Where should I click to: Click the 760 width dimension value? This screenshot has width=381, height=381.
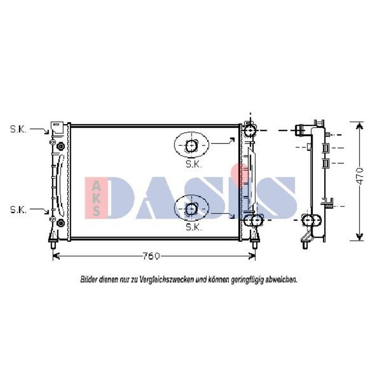(x=151, y=256)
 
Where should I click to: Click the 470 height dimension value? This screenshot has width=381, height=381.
(x=360, y=176)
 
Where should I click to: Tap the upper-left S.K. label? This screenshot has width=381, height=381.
(x=18, y=129)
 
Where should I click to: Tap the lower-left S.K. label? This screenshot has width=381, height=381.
(x=18, y=210)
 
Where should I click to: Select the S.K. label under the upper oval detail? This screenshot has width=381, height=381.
(x=194, y=164)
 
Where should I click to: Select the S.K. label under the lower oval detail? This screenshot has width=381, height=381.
(x=194, y=227)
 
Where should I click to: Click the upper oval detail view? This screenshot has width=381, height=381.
(x=192, y=145)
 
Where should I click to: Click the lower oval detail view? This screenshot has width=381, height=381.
(x=192, y=208)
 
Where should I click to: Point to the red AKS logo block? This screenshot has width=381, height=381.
(x=96, y=197)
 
